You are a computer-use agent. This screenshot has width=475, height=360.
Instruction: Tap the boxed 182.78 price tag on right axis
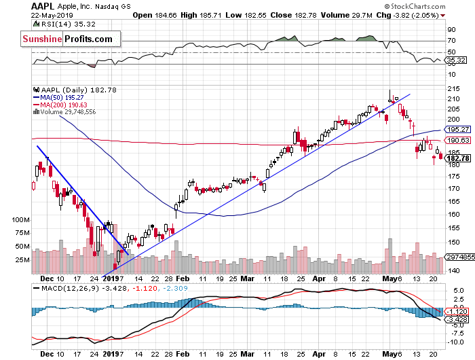point(457,158)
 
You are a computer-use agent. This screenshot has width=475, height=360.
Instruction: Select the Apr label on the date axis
point(319,278)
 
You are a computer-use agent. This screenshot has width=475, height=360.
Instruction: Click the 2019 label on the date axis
point(112,278)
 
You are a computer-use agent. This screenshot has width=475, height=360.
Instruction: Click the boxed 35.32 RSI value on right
point(455,60)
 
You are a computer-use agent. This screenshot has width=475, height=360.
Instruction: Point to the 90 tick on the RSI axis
point(450,29)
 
